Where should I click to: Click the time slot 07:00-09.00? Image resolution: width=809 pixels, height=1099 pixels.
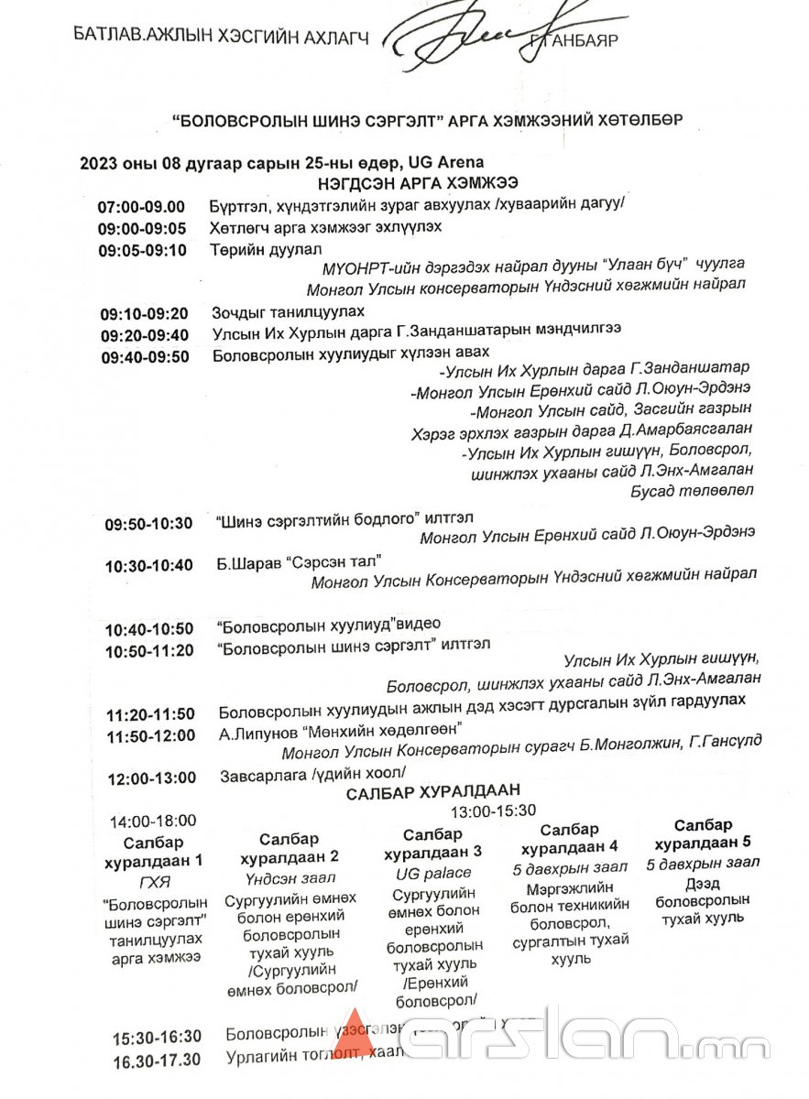click(141, 207)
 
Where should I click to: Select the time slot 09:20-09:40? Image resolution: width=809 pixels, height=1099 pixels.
click(145, 334)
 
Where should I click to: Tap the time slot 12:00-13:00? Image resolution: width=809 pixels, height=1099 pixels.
click(151, 778)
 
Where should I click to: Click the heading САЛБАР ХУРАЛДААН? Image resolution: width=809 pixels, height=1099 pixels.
click(432, 792)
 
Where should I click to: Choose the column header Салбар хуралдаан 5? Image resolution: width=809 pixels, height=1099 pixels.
click(703, 833)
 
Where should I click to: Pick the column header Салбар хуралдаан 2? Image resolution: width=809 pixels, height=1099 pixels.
click(290, 848)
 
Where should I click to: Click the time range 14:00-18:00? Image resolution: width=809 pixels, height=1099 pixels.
click(153, 821)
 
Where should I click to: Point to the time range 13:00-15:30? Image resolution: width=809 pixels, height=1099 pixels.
click(493, 811)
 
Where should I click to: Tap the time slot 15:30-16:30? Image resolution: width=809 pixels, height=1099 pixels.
click(157, 1038)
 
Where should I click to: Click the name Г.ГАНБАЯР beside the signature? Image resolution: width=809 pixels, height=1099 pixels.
click(574, 40)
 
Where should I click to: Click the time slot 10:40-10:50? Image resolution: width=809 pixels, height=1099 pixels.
click(149, 629)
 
